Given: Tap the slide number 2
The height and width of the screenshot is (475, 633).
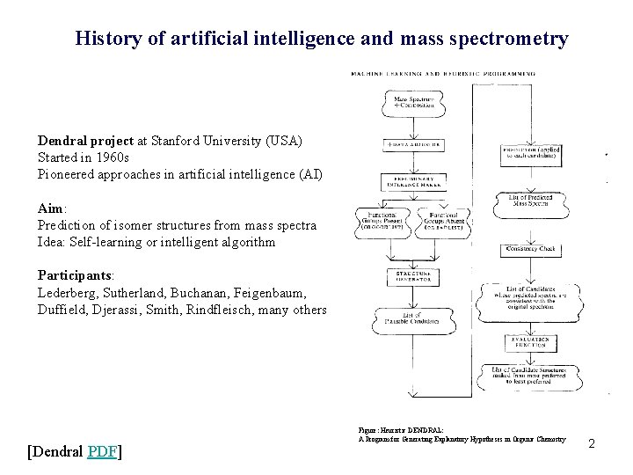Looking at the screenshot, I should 592,444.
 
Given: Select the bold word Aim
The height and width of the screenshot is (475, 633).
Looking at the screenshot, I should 49,208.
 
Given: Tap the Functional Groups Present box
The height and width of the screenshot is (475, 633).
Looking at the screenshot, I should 380,222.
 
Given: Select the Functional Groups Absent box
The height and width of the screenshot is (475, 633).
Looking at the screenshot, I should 444,222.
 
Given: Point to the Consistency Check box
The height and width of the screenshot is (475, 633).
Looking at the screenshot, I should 530,250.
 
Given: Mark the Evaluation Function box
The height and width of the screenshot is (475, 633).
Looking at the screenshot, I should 530,342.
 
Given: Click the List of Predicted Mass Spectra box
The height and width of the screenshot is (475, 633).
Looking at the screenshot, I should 530,201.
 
